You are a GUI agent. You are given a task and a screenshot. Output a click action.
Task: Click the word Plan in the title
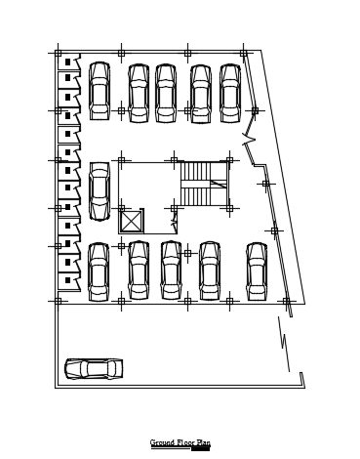(x=203, y=442)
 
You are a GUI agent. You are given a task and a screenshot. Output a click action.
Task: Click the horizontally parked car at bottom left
(x=94, y=369)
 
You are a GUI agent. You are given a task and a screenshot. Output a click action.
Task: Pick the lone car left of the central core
(x=100, y=191)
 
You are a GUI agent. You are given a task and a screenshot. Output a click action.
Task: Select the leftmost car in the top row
(x=100, y=91)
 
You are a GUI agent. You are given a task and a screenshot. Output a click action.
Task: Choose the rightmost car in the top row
(x=230, y=94)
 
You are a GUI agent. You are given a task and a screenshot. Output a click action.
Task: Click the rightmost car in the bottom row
(x=257, y=271)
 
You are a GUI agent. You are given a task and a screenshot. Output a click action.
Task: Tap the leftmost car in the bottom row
(x=99, y=271)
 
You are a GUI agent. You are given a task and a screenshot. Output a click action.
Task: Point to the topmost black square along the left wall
(x=68, y=62)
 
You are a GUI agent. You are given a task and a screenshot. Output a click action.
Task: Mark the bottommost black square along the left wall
(x=68, y=280)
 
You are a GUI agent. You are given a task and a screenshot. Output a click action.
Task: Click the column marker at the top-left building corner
(x=59, y=53)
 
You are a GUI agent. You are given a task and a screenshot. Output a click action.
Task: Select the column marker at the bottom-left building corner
(x=59, y=302)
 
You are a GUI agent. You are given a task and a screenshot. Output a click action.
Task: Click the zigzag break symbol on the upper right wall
(x=249, y=140)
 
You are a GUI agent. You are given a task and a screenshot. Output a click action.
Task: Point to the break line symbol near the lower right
(x=284, y=344)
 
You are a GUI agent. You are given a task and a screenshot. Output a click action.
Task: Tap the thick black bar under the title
(x=200, y=449)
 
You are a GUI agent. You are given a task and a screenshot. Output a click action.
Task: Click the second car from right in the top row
(x=201, y=94)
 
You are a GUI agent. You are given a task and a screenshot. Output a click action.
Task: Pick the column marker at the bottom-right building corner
(x=287, y=302)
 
